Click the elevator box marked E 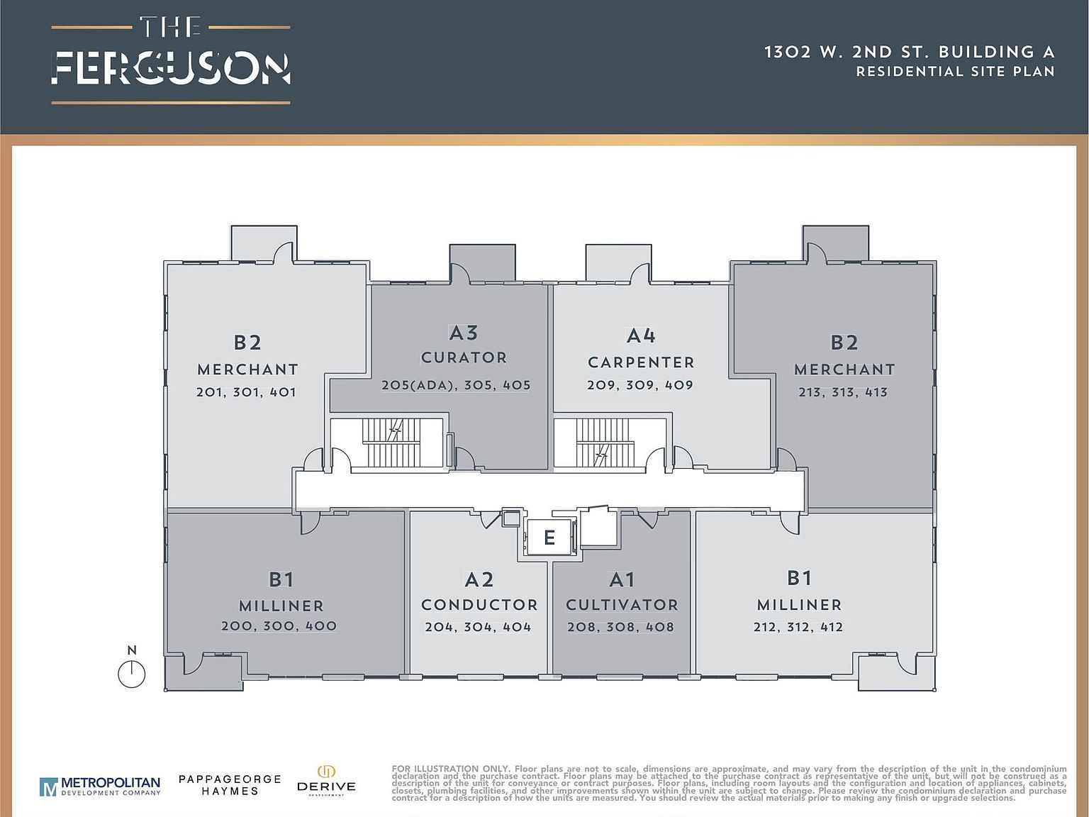pos(549,538)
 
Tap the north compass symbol pos(131,674)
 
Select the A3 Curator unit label pos(464,344)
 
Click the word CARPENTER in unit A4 pos(641,362)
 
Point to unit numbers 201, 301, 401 pos(246,392)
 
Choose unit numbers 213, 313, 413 pos(843,392)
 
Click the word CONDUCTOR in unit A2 pos(479,605)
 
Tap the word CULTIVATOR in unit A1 pos(622,605)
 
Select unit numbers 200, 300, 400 pos(279,626)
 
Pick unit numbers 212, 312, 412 pos(798,627)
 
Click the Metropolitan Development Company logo pos(100,786)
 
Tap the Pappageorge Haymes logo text pos(230,784)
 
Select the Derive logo pos(326,781)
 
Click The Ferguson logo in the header pos(171,61)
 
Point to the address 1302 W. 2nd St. pos(849,52)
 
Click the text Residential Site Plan pos(955,72)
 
